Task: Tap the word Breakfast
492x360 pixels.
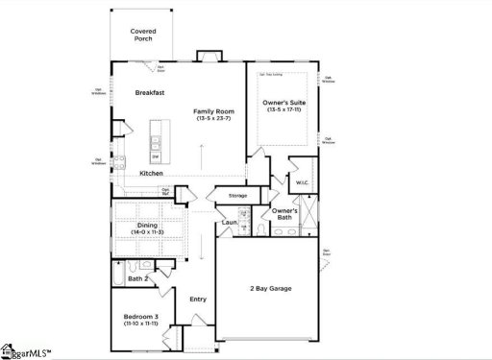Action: (x=150, y=93)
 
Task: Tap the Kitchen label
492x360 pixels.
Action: (x=151, y=174)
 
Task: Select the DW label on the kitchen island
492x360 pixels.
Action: (x=155, y=156)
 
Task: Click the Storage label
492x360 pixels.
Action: (x=237, y=196)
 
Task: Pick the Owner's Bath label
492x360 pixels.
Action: (x=283, y=214)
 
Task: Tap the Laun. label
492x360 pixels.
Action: (x=229, y=223)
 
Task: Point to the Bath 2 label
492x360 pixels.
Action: (x=138, y=278)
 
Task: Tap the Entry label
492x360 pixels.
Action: (x=197, y=299)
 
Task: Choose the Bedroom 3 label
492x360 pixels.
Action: (x=142, y=317)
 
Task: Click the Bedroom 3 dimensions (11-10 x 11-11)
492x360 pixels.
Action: (x=142, y=325)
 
